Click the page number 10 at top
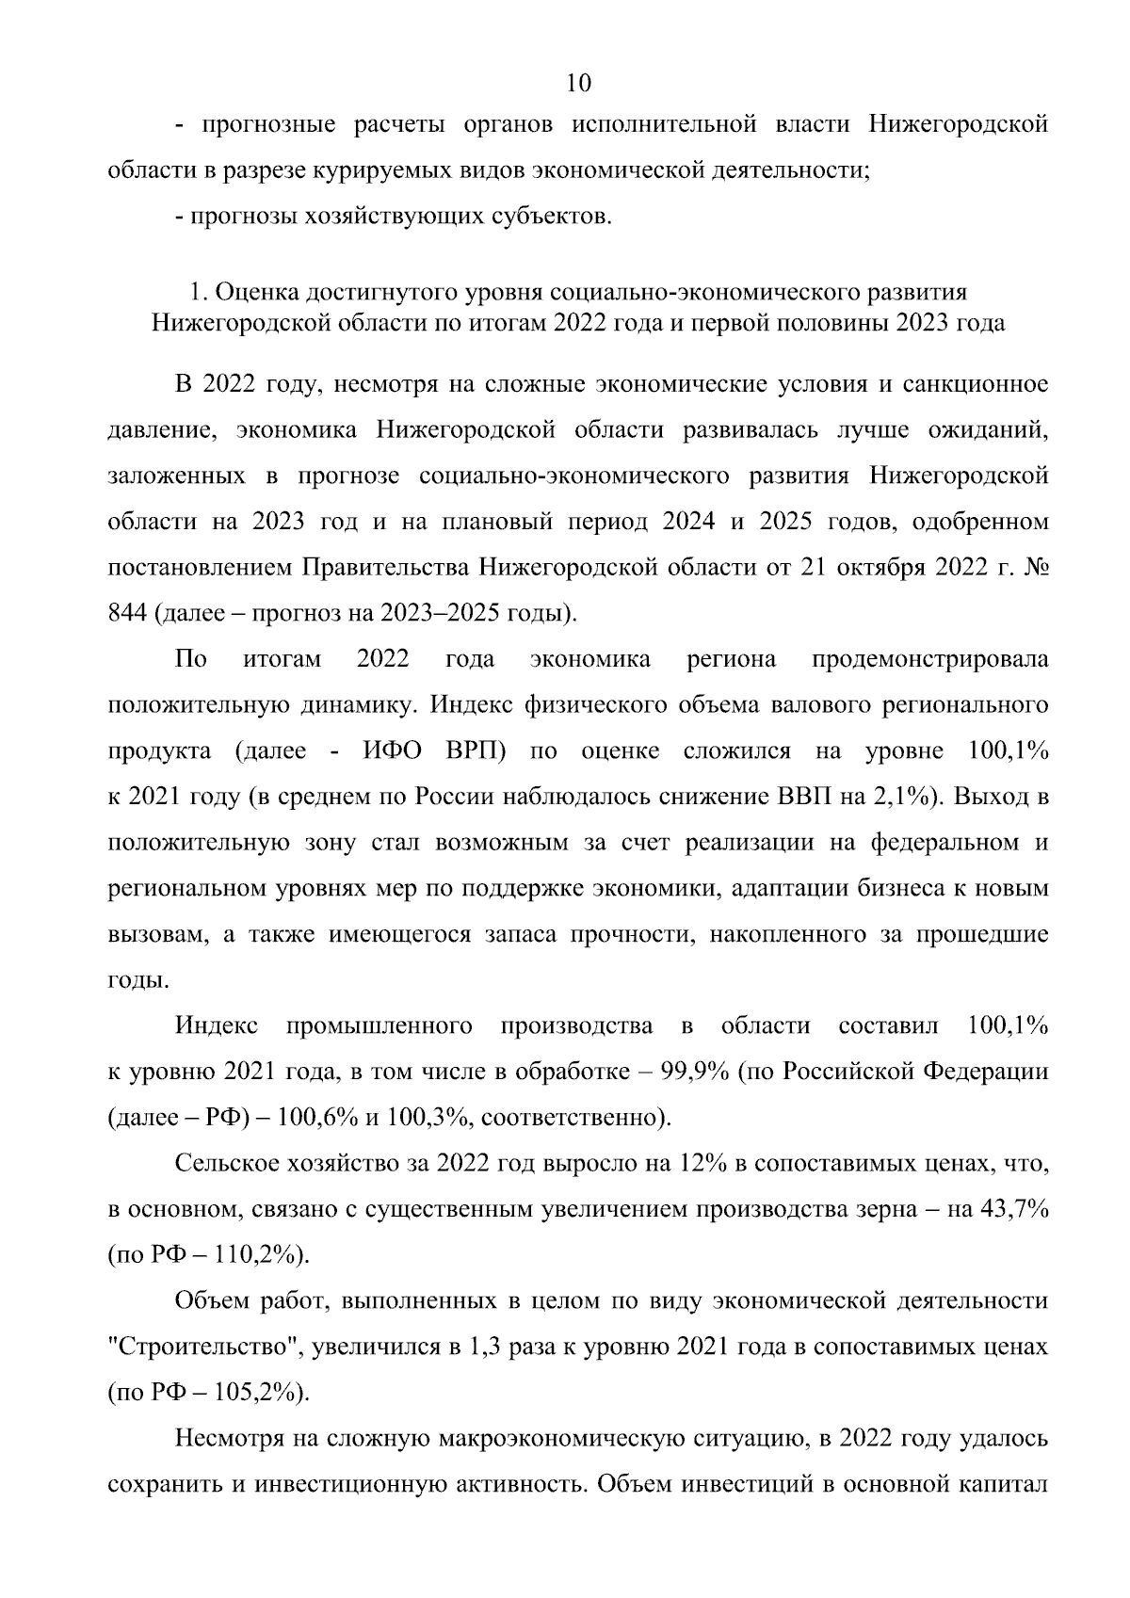pos(579,84)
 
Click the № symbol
pos(1035,568)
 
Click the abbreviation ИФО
pos(388,751)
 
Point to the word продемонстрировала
pos(929,659)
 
